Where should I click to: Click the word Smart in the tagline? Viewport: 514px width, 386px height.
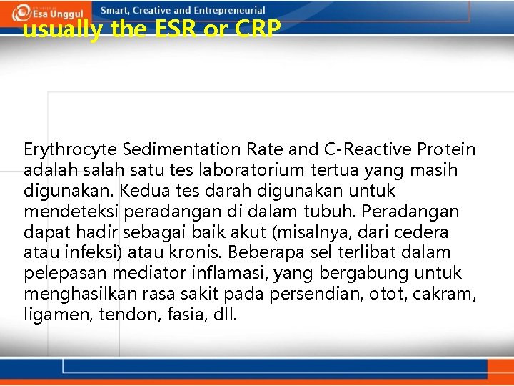coord(115,11)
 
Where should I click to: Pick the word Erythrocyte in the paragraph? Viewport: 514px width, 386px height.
coord(70,150)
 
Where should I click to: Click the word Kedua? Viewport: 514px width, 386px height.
coord(143,192)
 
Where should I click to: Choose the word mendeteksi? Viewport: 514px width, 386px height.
coord(71,212)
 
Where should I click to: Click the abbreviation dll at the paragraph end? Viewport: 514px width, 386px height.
coord(223,315)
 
